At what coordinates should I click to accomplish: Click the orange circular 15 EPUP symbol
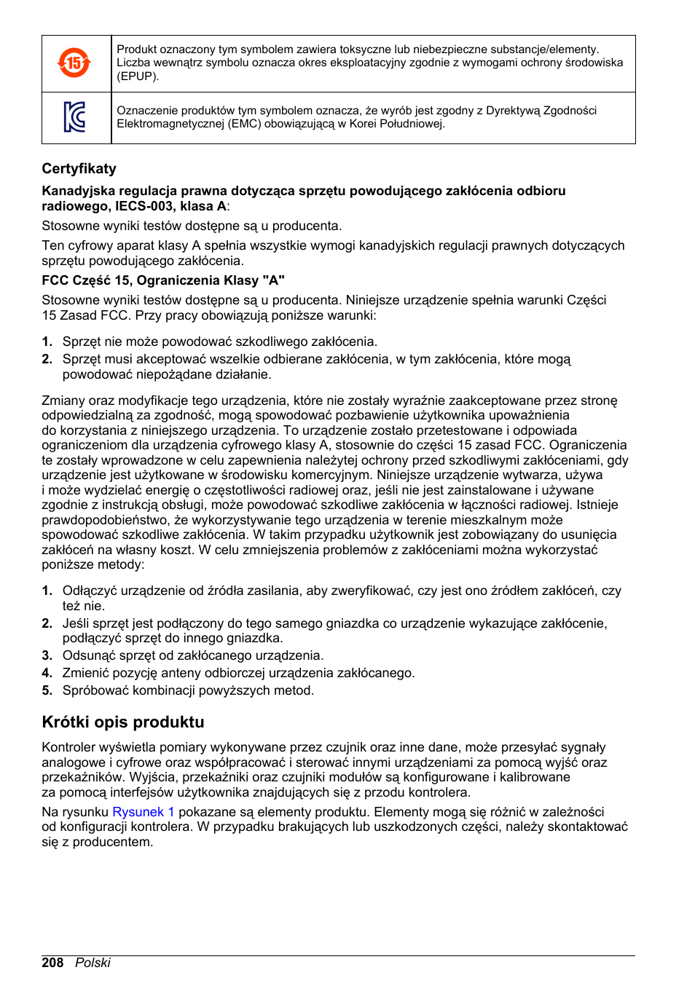point(74,63)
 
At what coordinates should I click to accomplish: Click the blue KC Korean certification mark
point(75,117)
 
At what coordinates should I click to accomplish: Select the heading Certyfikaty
point(79,169)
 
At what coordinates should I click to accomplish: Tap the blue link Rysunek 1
point(143,812)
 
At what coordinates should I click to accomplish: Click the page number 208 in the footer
point(52,963)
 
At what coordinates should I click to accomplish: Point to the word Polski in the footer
point(93,963)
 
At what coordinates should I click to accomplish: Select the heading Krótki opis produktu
point(123,722)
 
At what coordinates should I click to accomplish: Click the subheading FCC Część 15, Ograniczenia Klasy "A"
point(163,280)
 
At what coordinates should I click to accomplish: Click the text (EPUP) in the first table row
point(138,76)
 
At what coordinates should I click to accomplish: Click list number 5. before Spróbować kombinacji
point(47,690)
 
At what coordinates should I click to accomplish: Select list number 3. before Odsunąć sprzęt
point(47,655)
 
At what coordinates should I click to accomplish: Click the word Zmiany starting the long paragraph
point(63,401)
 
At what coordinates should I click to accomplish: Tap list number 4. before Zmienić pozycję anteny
point(47,673)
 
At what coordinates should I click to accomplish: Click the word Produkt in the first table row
point(137,50)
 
